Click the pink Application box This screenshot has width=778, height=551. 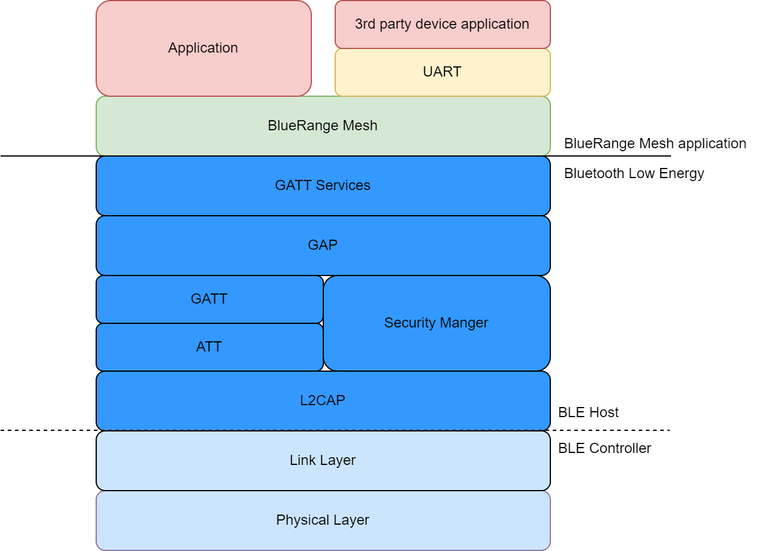click(x=203, y=48)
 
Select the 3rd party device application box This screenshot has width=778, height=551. click(x=442, y=25)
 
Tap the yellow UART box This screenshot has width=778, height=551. click(x=442, y=72)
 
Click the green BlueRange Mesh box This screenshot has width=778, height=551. click(x=323, y=126)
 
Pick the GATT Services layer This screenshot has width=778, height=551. click(x=323, y=186)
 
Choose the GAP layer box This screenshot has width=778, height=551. click(x=323, y=246)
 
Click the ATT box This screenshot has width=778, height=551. click(x=209, y=347)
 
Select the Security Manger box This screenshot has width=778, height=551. click(x=436, y=323)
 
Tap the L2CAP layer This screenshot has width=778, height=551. click(x=323, y=400)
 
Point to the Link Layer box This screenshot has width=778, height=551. click(x=323, y=461)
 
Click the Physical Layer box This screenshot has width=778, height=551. click(x=323, y=521)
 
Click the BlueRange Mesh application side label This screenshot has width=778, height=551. click(x=655, y=144)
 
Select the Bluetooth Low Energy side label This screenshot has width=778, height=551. click(x=634, y=174)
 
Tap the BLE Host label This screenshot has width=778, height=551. click(x=588, y=412)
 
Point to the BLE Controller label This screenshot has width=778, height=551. click(x=604, y=448)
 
